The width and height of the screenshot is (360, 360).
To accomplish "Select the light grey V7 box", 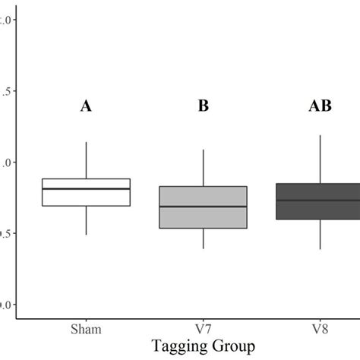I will pyautogui.click(x=203, y=217).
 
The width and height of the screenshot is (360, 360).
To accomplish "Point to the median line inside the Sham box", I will pyautogui.click(x=86, y=188).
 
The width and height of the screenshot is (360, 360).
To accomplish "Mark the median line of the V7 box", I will pyautogui.click(x=203, y=207).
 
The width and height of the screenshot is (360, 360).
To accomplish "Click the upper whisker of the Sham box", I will pyautogui.click(x=86, y=160).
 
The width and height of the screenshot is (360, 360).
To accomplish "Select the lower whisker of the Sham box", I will pyautogui.click(x=86, y=220).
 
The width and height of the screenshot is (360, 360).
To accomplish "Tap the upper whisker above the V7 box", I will pyautogui.click(x=203, y=168).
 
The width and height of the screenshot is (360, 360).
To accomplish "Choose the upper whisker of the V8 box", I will pyautogui.click(x=320, y=159).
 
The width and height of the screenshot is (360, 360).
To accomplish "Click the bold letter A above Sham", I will pyautogui.click(x=86, y=107).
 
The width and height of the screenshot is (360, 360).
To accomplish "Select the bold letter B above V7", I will pyautogui.click(x=203, y=107).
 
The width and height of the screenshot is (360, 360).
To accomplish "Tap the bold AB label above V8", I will pyautogui.click(x=320, y=107).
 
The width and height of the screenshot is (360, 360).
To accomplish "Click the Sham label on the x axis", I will pyautogui.click(x=86, y=330).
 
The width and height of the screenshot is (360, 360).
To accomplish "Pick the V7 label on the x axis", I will pyautogui.click(x=203, y=330).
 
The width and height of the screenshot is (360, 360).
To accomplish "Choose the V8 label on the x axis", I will pyautogui.click(x=320, y=330).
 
